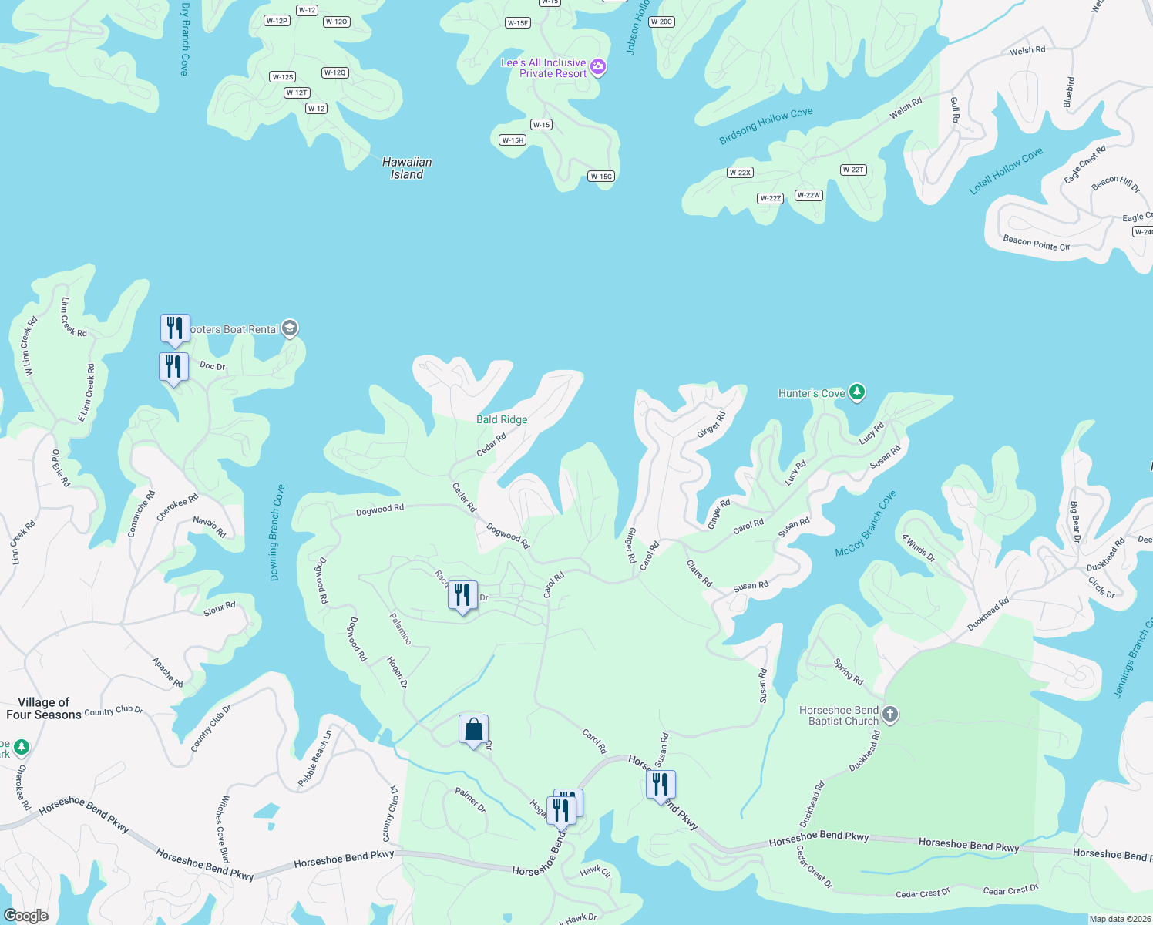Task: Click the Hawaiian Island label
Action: (x=407, y=168)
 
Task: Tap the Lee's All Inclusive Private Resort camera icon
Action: (x=598, y=68)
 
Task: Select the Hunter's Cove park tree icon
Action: (x=856, y=393)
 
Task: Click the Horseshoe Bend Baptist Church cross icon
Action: (x=889, y=715)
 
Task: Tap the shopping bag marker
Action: (x=473, y=729)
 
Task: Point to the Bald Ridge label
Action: (x=502, y=419)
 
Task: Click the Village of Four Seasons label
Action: (x=44, y=708)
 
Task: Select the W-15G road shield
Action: (x=601, y=177)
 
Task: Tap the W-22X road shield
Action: (x=740, y=173)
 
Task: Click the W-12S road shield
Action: (x=283, y=77)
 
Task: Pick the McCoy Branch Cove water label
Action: (x=866, y=524)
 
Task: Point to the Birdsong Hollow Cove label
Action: (x=765, y=126)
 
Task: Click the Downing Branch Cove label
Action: (x=277, y=532)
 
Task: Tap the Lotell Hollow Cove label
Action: (x=1006, y=170)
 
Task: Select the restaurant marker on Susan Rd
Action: (x=661, y=785)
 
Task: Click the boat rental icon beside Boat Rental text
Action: (x=290, y=329)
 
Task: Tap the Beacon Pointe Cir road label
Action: (x=1036, y=244)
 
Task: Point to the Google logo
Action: (x=26, y=915)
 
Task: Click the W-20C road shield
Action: (x=661, y=22)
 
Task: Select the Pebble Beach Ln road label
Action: (x=315, y=758)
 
